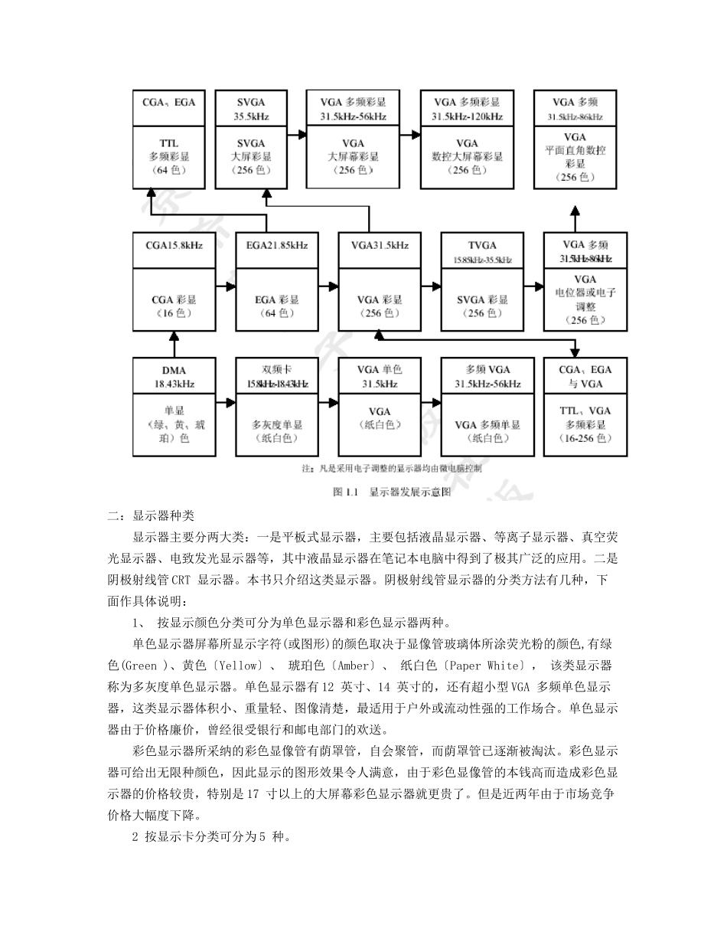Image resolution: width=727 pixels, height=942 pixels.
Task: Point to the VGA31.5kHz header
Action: click(x=380, y=245)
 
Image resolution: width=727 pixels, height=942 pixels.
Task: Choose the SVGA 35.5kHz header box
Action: click(x=251, y=109)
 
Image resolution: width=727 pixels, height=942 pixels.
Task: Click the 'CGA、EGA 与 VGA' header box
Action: click(x=585, y=376)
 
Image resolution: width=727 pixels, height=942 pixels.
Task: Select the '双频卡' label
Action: click(x=277, y=369)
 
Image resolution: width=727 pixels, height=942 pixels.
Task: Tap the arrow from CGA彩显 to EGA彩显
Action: click(x=225, y=287)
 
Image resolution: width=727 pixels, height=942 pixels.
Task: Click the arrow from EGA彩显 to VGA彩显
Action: click(x=328, y=287)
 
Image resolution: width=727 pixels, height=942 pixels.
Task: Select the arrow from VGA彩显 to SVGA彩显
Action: click(x=432, y=287)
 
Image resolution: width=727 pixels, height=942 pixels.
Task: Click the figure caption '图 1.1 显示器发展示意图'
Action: click(x=393, y=492)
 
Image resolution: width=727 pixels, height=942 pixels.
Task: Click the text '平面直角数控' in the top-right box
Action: click(x=575, y=151)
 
